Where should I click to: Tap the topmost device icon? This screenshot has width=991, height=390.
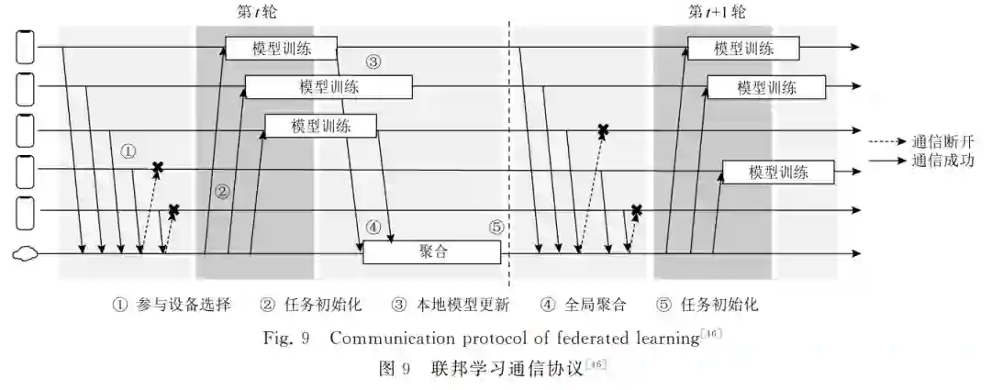(26, 48)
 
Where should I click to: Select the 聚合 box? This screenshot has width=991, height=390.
(432, 252)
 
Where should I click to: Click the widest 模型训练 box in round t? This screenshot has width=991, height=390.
(328, 87)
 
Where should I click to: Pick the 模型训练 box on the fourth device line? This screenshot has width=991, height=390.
(778, 172)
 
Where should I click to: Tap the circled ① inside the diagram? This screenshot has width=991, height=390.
(128, 150)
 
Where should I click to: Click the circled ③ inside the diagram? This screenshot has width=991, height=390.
(373, 62)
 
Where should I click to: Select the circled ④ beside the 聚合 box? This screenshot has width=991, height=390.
(373, 226)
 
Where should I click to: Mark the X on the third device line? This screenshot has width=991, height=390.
(603, 130)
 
